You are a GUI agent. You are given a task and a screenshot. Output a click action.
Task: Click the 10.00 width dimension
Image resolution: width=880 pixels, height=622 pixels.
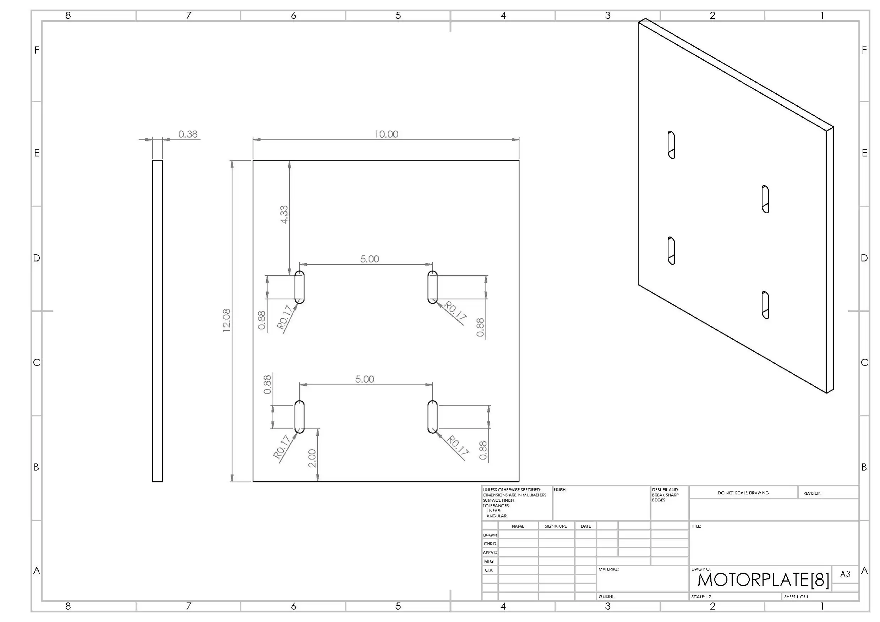click(386, 134)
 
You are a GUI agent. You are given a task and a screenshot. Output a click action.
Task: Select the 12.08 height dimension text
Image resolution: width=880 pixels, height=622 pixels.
click(226, 320)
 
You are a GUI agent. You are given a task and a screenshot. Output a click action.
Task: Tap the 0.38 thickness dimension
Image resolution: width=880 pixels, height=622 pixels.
click(188, 134)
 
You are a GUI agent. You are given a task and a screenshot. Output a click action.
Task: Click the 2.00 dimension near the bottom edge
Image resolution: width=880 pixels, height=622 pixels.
click(312, 458)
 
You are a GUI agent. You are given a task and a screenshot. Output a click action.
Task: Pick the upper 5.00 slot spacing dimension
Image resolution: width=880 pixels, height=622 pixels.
click(370, 259)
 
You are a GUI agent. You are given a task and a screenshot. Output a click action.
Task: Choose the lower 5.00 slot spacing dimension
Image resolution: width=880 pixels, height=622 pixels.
click(365, 379)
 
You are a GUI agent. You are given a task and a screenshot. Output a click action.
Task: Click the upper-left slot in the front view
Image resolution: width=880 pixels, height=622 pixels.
click(299, 287)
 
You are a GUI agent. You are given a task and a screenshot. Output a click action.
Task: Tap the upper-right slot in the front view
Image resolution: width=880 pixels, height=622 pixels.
click(432, 287)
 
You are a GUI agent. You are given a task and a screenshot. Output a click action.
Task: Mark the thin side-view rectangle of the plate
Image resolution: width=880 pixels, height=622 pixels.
click(158, 321)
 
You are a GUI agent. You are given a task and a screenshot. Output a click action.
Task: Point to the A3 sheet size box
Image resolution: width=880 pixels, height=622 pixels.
click(845, 574)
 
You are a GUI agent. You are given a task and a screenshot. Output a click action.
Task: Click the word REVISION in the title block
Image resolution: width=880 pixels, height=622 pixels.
click(812, 493)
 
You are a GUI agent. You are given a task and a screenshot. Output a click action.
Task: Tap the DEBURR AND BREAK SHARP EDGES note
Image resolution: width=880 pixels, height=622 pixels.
click(665, 495)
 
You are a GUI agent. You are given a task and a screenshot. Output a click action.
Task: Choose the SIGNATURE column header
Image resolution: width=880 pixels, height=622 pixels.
click(555, 526)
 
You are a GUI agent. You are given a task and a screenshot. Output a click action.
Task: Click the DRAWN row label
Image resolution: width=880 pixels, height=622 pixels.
click(490, 535)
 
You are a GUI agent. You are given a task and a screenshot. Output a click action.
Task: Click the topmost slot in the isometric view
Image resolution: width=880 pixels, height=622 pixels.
click(671, 145)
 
